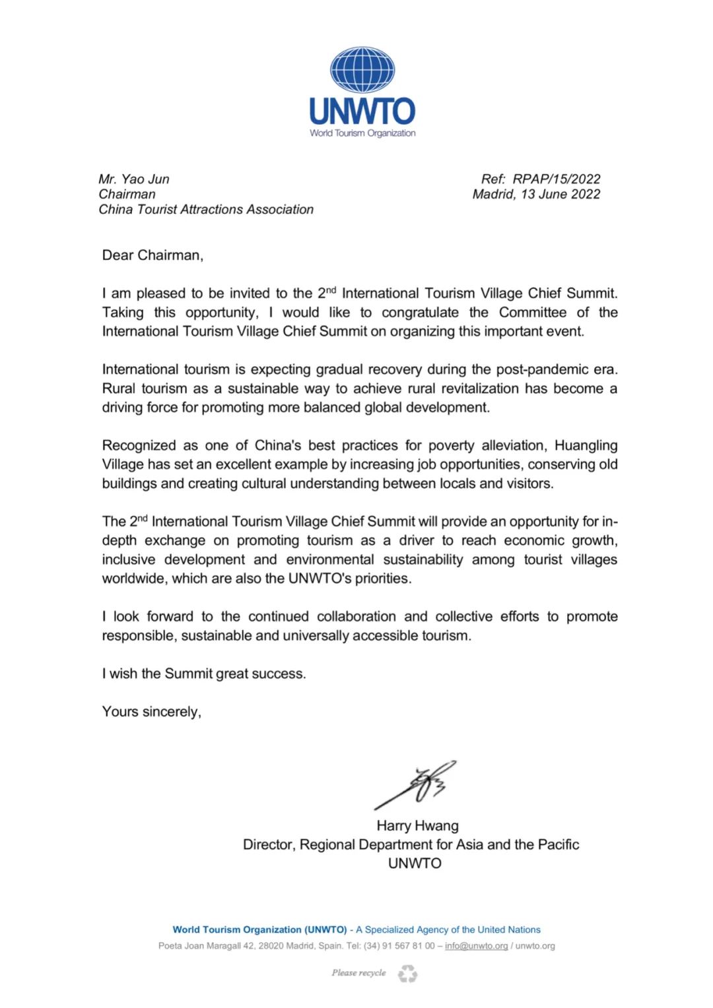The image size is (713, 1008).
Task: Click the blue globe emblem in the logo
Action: [362, 69]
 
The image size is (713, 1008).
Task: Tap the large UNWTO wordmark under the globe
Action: [362, 111]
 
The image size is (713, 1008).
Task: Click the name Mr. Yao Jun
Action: [134, 179]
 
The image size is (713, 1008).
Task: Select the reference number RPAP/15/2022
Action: [557, 179]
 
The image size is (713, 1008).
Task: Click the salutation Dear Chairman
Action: [153, 255]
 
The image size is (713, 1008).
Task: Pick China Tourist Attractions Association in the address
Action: [206, 209]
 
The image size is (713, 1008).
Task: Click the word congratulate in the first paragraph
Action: [420, 312]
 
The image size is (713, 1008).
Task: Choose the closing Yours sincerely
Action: [151, 712]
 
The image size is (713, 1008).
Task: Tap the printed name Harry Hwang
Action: [417, 825]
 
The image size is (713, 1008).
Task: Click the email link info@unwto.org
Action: [476, 946]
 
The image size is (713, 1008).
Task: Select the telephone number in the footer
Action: [399, 946]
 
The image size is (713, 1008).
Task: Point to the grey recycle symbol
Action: [407, 974]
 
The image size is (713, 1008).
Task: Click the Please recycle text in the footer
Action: [358, 973]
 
